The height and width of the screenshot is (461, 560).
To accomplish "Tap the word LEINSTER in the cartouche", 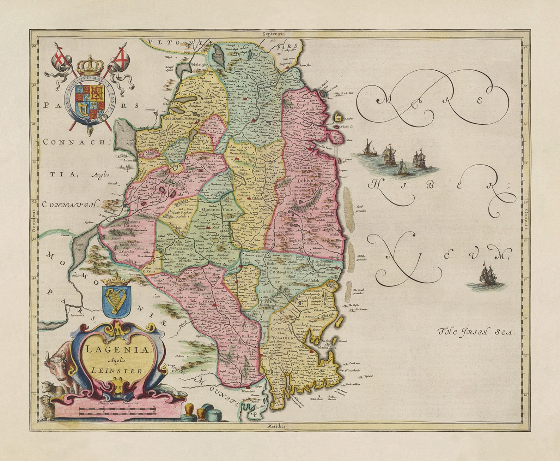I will (x=117, y=371).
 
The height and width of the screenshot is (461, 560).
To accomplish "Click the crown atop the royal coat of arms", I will (x=90, y=65).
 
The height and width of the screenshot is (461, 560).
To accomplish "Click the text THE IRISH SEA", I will (x=476, y=332).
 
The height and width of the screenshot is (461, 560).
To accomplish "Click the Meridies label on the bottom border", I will (x=276, y=426).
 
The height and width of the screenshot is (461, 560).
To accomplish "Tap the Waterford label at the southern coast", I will (x=248, y=391).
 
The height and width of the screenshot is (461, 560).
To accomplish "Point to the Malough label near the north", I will (x=199, y=65).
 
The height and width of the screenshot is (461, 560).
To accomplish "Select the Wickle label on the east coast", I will (x=334, y=224).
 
